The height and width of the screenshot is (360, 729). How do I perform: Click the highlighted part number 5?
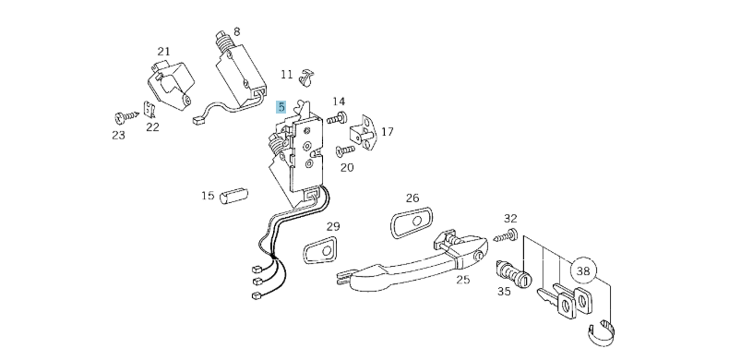(x=281, y=108)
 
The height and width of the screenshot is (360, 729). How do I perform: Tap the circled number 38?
(x=582, y=271)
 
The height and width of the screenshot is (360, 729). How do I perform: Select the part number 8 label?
(x=236, y=31)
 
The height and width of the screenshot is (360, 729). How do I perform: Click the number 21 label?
(x=163, y=52)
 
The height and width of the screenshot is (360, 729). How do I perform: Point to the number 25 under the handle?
(x=463, y=280)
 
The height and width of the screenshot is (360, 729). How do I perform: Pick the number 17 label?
(x=388, y=132)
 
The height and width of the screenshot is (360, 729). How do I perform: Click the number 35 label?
(x=503, y=292)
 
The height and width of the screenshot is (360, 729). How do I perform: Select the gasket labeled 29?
(x=322, y=250)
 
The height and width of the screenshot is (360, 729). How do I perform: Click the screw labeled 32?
(x=504, y=238)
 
